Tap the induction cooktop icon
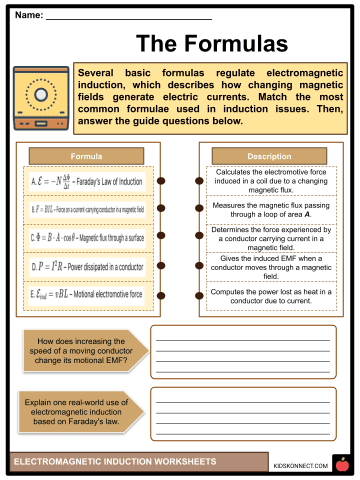(x=41, y=99)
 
